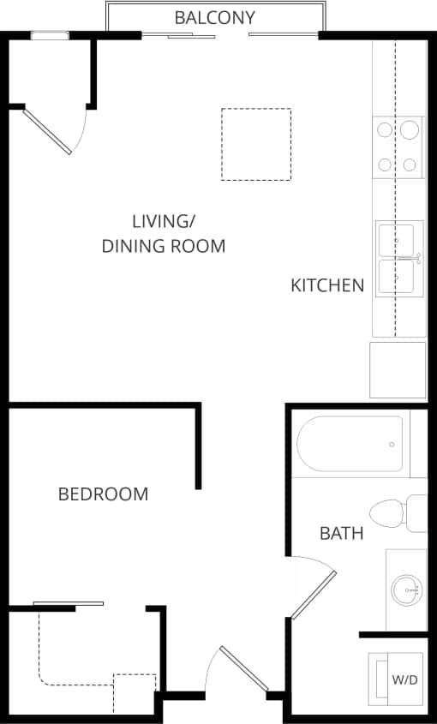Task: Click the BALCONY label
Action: click(214, 17)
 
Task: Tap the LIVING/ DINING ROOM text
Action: click(164, 233)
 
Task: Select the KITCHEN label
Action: click(327, 285)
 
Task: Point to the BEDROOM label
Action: click(103, 494)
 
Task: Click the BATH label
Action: click(341, 534)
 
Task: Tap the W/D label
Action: click(404, 679)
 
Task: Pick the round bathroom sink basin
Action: click(405, 589)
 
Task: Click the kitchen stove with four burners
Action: click(398, 147)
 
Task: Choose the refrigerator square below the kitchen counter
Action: click(397, 369)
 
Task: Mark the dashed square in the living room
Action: click(255, 144)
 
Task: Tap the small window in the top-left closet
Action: click(49, 36)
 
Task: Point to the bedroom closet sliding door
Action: click(69, 604)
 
